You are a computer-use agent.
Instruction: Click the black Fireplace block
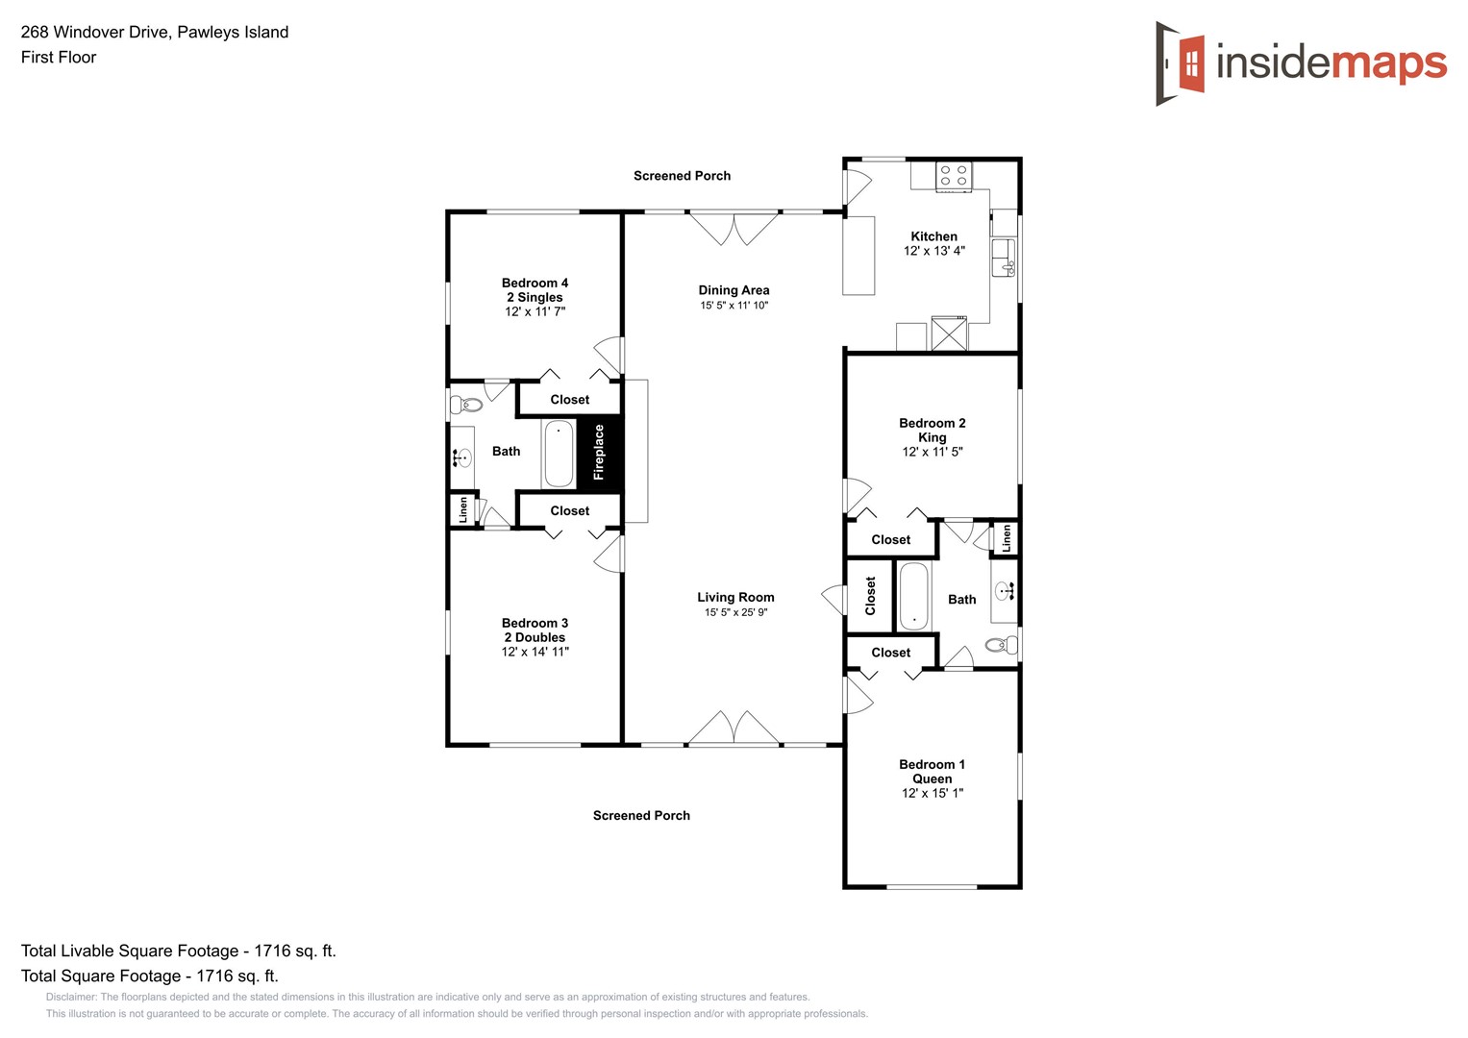pyautogui.click(x=599, y=453)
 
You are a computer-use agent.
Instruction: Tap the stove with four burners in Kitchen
pyautogui.click(x=954, y=175)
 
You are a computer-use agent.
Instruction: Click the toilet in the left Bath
pyautogui.click(x=467, y=405)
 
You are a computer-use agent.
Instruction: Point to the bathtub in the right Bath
pyautogui.click(x=913, y=596)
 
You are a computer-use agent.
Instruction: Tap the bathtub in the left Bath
pyautogui.click(x=559, y=455)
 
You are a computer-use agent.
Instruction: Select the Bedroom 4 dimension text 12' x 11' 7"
pyautogui.click(x=535, y=311)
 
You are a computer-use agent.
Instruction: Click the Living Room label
pyautogui.click(x=735, y=597)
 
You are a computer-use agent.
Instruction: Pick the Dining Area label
pyautogui.click(x=734, y=290)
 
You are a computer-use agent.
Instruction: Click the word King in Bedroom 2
pyautogui.click(x=932, y=437)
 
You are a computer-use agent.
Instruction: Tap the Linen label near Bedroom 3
pyautogui.click(x=462, y=509)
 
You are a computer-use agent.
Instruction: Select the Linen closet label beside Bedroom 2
pyautogui.click(x=1007, y=538)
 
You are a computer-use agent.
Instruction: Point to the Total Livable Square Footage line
pyautogui.click(x=179, y=951)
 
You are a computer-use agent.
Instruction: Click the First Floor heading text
pyautogui.click(x=59, y=58)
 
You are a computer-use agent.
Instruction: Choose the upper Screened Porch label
pyautogui.click(x=682, y=176)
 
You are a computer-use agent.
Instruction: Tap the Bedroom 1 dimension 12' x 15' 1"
pyautogui.click(x=932, y=793)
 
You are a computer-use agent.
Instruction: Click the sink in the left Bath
pyautogui.click(x=461, y=457)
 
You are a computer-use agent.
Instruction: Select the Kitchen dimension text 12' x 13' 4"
pyautogui.click(x=933, y=251)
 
